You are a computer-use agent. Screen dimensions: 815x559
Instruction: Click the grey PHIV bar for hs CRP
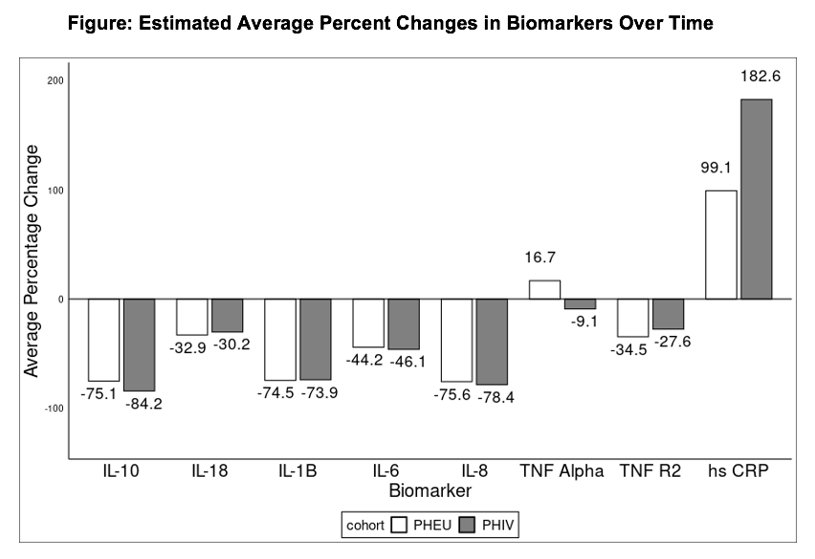pyautogui.click(x=757, y=199)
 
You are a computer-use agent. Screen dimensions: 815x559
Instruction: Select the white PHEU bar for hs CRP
pyautogui.click(x=721, y=245)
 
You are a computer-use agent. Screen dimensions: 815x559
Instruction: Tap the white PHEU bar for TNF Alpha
pyautogui.click(x=544, y=290)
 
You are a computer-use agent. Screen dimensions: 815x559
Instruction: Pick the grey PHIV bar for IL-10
pyautogui.click(x=140, y=345)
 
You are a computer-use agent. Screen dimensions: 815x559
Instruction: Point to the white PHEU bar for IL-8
pyautogui.click(x=457, y=340)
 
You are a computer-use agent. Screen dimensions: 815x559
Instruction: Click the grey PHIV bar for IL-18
pyautogui.click(x=227, y=315)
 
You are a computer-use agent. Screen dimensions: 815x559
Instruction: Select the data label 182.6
pyautogui.click(x=760, y=77)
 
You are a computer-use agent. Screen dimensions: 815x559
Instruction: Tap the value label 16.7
pyautogui.click(x=540, y=257)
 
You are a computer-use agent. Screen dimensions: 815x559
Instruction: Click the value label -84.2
pyautogui.click(x=144, y=404)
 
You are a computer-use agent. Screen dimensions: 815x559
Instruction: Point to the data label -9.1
pyautogui.click(x=584, y=322)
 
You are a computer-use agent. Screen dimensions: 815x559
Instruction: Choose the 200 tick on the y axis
pyautogui.click(x=55, y=80)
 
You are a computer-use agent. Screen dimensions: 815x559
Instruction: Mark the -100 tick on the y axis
pyautogui.click(x=55, y=408)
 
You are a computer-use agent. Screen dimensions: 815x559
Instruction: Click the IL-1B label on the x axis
pyautogui.click(x=297, y=471)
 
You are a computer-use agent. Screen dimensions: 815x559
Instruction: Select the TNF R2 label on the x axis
pyautogui.click(x=650, y=471)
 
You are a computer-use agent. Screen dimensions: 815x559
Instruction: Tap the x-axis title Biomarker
pyautogui.click(x=430, y=490)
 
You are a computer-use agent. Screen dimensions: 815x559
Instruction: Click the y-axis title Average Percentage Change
pyautogui.click(x=32, y=261)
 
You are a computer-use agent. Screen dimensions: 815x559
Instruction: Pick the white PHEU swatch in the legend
pyautogui.click(x=399, y=525)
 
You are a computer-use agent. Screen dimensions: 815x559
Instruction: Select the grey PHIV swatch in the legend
pyautogui.click(x=468, y=525)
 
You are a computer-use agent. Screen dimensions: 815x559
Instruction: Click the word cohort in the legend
pyautogui.click(x=365, y=525)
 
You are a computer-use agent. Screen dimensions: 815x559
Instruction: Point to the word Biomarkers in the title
pyautogui.click(x=560, y=23)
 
